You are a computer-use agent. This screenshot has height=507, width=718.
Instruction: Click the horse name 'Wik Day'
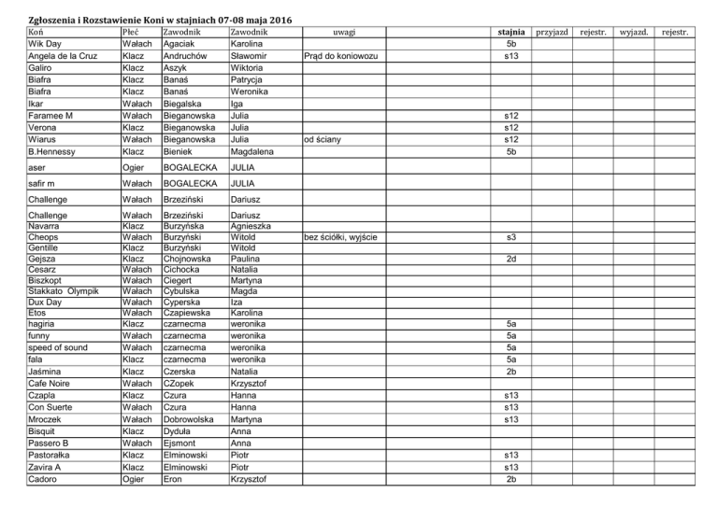pos(47,45)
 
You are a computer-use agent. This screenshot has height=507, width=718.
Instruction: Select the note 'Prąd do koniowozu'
pos(341,57)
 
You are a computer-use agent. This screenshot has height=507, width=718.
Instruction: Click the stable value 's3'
pos(510,237)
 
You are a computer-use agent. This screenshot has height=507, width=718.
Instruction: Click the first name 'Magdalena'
pos(258,150)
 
